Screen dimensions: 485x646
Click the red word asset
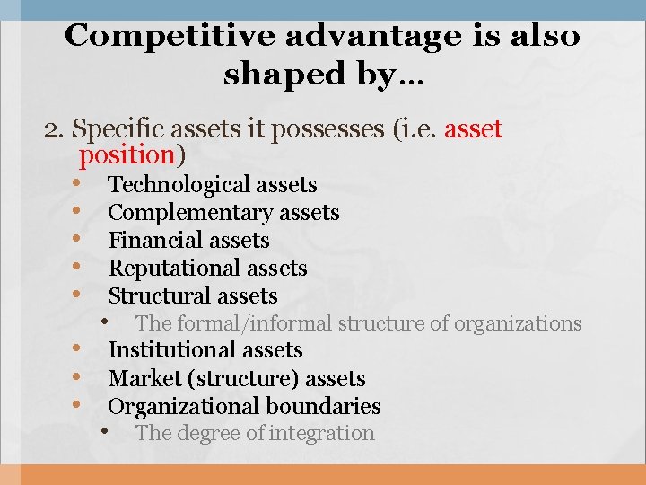[473, 129]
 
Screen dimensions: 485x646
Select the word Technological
[179, 185]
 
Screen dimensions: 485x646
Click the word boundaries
[327, 407]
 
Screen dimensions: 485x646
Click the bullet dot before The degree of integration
[106, 432]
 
